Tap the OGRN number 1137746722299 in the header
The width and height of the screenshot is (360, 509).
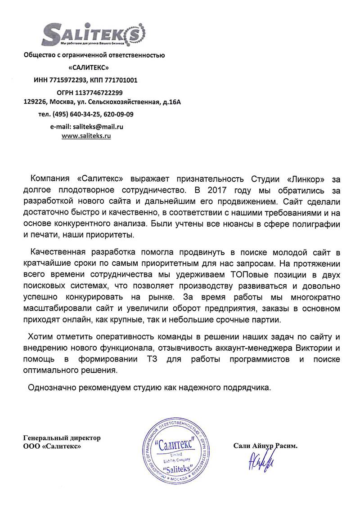(100, 92)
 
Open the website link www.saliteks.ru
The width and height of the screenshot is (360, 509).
(86, 135)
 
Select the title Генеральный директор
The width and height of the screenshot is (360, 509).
(62, 438)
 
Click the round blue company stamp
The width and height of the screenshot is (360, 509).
(178, 455)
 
